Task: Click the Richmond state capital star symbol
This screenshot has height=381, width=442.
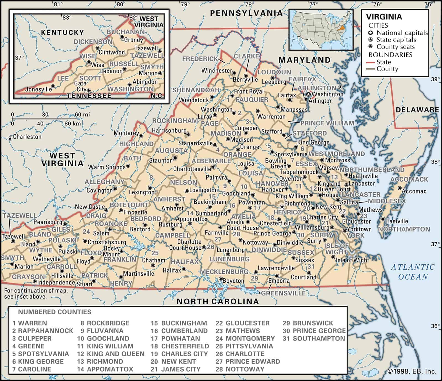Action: (x=282, y=206)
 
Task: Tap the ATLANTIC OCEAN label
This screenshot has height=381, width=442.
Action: (x=413, y=272)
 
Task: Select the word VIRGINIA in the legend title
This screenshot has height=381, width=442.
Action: (x=384, y=17)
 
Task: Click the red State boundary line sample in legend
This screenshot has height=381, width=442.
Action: (x=372, y=62)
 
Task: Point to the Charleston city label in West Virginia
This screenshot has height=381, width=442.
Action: (x=27, y=137)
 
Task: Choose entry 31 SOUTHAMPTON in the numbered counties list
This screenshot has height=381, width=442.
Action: (x=314, y=338)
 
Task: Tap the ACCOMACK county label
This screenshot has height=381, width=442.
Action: (x=409, y=179)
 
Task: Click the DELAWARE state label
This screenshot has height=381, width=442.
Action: (x=417, y=110)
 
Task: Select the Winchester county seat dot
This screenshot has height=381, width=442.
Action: (x=234, y=73)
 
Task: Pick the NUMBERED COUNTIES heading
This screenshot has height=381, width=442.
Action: (x=55, y=312)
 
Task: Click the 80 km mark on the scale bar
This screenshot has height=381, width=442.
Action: (x=73, y=124)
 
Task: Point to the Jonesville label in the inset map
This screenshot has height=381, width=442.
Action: (x=38, y=89)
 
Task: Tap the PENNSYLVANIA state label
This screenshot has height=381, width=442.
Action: (x=246, y=13)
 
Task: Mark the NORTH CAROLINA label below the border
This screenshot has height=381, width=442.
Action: (x=218, y=301)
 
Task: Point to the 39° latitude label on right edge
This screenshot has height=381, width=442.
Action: (x=435, y=79)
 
